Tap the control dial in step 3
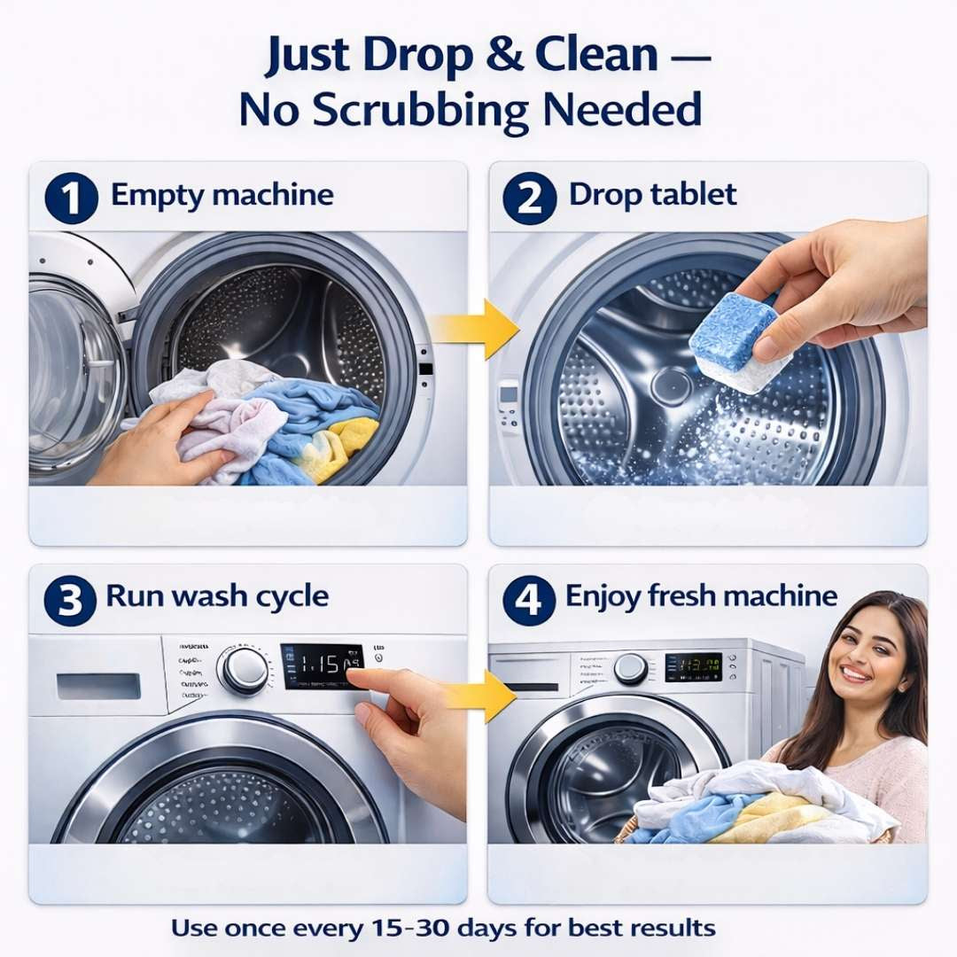[243, 669]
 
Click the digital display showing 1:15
[322, 665]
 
